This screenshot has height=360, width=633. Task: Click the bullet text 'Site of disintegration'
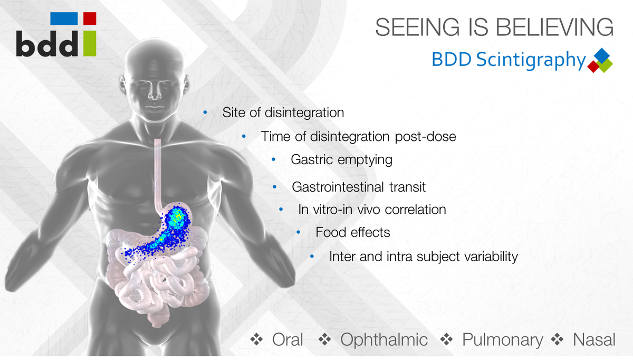click(x=283, y=112)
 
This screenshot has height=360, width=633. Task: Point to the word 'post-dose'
click(x=426, y=136)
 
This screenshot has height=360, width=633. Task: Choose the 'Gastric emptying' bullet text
click(x=341, y=159)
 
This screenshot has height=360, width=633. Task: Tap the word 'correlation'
click(x=416, y=210)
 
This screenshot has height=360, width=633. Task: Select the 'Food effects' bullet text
click(x=353, y=232)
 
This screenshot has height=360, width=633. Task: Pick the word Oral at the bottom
click(x=287, y=340)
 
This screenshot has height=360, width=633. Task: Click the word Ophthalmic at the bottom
click(x=384, y=340)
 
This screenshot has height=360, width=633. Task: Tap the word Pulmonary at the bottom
click(x=502, y=340)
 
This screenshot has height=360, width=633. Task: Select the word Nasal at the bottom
click(x=594, y=340)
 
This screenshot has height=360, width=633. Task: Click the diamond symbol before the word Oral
click(x=257, y=340)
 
